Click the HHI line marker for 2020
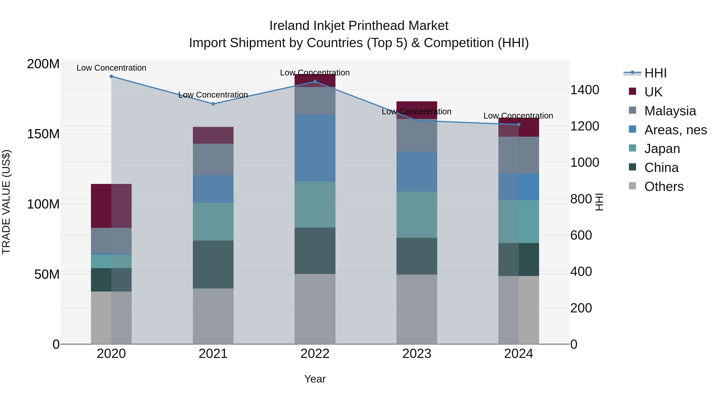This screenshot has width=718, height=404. (111, 76)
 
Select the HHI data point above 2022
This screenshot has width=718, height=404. (315, 82)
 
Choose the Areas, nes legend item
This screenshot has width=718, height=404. (675, 130)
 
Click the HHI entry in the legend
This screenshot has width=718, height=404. (655, 73)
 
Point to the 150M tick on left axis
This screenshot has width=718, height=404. (43, 134)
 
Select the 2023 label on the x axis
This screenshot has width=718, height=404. (417, 354)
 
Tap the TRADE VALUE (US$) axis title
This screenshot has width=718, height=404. (6, 202)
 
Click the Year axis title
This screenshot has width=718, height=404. (315, 379)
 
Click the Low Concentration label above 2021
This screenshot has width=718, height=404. (213, 95)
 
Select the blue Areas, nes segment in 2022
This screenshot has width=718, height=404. (315, 148)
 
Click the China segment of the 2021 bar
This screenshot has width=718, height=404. (213, 264)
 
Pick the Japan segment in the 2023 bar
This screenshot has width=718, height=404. (417, 214)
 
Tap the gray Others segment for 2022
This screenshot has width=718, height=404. (315, 309)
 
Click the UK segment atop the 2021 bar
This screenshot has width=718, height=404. (213, 135)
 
